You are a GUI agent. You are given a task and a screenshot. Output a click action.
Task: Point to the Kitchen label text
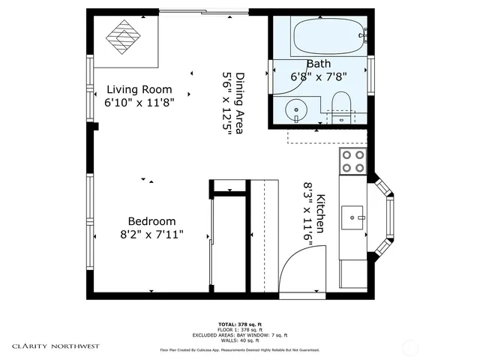[x=321, y=212]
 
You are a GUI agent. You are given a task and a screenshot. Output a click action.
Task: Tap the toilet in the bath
[x=341, y=107]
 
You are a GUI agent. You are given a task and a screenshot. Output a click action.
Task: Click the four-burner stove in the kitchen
[x=352, y=161]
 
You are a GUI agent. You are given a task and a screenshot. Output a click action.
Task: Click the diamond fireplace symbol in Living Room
[x=123, y=38]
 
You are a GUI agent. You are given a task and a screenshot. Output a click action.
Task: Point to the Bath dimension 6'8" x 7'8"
[x=318, y=76]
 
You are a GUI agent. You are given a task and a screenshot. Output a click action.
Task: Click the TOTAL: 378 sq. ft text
[x=240, y=323]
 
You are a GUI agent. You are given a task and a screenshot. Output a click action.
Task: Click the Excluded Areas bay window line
[x=240, y=334]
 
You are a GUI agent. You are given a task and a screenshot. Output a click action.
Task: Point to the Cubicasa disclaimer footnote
[x=240, y=349]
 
